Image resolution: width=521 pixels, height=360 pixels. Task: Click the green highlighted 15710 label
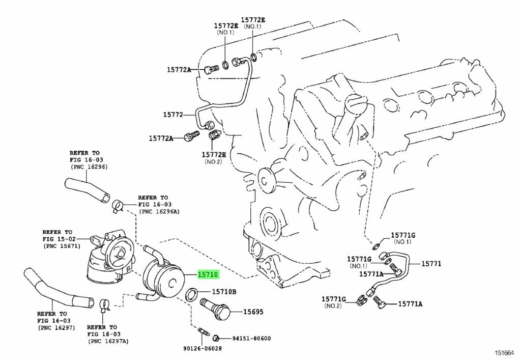pos(208,274)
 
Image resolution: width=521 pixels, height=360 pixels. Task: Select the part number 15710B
pos(224,292)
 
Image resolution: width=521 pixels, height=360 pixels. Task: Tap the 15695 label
pos(253,312)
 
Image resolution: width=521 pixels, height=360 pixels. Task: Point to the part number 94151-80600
pos(252,338)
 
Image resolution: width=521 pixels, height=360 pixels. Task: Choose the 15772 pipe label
pos(173,115)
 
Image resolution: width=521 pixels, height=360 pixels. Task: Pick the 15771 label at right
pos(431,264)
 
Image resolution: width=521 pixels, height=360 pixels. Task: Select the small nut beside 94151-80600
pos(216,338)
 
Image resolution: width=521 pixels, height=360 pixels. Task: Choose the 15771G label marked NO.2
pos(334,298)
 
